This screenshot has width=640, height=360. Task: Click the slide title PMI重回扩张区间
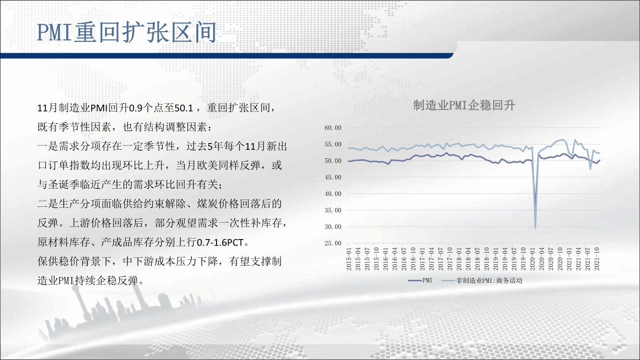(127, 32)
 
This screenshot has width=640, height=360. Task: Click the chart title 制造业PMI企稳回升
(464, 106)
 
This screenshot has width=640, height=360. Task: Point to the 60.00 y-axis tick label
(333, 128)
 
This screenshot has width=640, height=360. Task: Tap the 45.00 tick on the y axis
(333, 177)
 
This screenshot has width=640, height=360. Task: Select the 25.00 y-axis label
(333, 243)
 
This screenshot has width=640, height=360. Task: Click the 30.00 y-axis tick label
(333, 227)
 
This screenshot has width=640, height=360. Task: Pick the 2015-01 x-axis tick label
(349, 259)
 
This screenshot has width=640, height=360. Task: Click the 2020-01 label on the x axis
(532, 259)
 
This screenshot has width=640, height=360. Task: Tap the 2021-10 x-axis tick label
(597, 259)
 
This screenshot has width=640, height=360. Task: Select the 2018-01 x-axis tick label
(459, 259)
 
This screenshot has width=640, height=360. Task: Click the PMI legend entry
(420, 280)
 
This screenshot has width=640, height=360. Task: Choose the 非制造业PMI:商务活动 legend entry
(482, 280)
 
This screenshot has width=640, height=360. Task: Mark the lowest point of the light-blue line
(535, 228)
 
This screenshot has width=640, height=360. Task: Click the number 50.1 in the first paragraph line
(184, 108)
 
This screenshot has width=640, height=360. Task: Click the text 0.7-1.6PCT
(220, 242)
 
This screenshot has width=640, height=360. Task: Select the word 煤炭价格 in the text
(217, 204)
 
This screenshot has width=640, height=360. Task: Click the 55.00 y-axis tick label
(333, 144)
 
